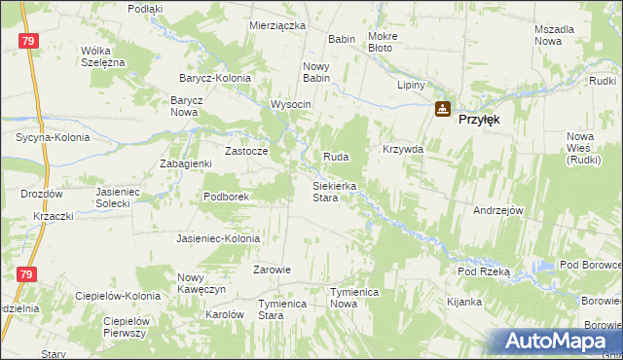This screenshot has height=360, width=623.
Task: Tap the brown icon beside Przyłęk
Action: pos(443,109)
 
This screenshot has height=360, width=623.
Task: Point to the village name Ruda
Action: pos(335,157)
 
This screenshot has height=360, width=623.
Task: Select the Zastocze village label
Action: pos(245,151)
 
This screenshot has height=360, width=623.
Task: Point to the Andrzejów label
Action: pos(498,210)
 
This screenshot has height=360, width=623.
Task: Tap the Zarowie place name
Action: pos(272,270)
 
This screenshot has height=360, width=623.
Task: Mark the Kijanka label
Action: pos(464,302)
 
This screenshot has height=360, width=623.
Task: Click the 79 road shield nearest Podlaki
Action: pos(28,41)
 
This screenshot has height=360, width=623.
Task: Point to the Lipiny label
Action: pos(412,85)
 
